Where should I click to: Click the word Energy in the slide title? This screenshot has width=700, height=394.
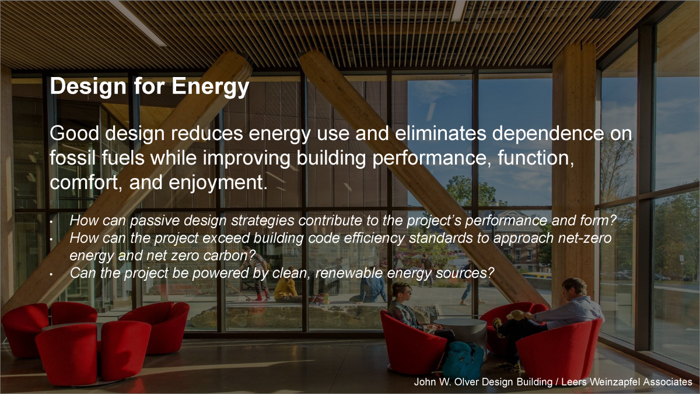click(211, 86)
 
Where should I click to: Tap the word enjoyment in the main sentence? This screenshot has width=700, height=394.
click(218, 183)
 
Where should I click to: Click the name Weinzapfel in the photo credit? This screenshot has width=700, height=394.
click(607, 382)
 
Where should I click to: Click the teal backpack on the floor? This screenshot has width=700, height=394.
click(463, 360)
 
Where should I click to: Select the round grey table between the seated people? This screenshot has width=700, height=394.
click(460, 332)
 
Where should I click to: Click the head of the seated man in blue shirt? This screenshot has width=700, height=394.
click(575, 287)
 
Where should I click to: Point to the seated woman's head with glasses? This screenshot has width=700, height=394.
click(399, 292)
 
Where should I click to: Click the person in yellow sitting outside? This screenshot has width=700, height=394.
click(286, 290)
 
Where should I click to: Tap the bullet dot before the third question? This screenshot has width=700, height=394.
click(51, 274)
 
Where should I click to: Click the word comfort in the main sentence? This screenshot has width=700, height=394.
click(83, 183)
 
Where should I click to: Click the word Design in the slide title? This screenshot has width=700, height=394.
click(88, 86)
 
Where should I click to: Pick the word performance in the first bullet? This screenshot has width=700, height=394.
click(506, 221)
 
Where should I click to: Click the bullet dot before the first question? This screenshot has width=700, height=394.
click(51, 222)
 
